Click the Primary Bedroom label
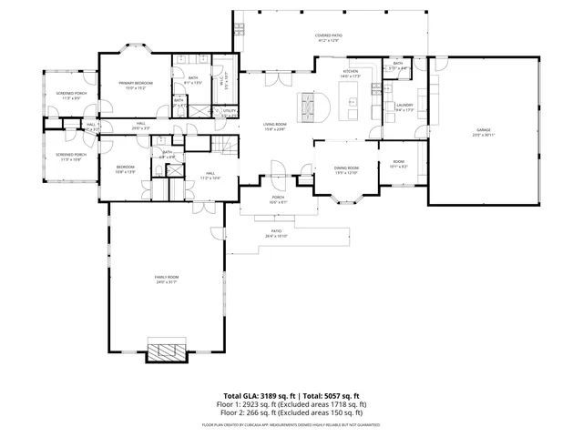135,83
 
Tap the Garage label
483,130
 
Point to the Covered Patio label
329,36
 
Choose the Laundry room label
404,105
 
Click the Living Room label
274,125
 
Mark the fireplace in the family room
167,351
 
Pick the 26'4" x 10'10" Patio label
276,237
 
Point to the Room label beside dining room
398,162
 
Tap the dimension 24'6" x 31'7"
165,281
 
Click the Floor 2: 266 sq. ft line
291,412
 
